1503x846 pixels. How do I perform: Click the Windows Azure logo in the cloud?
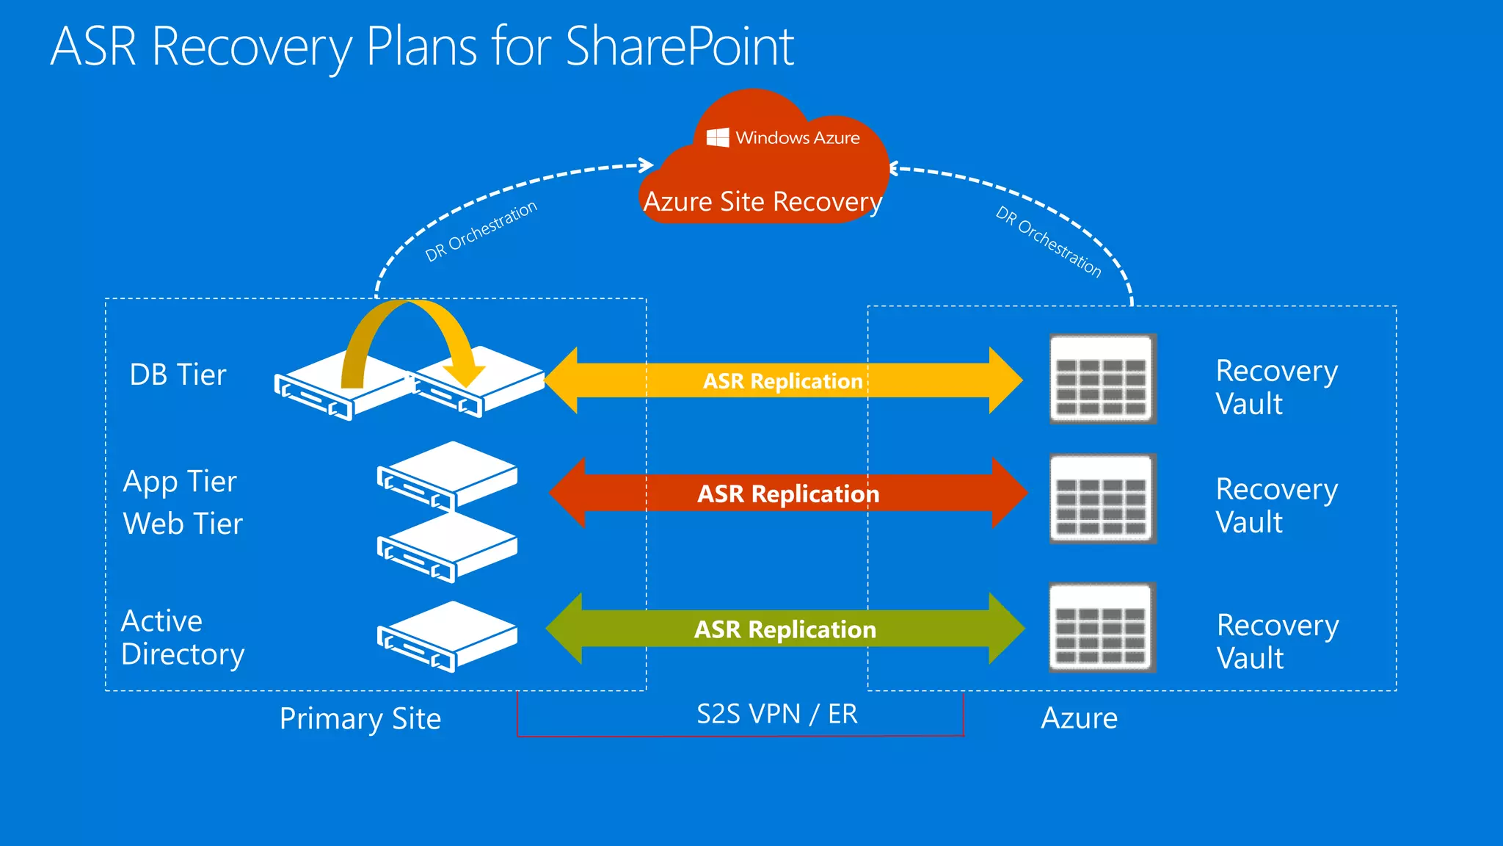(x=718, y=137)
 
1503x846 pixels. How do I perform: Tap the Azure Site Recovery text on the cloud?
(x=763, y=201)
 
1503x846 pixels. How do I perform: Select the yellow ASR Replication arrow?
(x=783, y=380)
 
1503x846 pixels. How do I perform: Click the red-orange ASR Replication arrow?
(x=788, y=493)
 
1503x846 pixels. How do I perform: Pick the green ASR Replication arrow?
(x=785, y=629)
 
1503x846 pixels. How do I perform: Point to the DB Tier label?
(x=178, y=375)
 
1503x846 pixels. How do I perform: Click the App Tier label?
(x=180, y=482)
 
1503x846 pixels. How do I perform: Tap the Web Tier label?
(x=183, y=524)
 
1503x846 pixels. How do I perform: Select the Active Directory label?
(x=183, y=637)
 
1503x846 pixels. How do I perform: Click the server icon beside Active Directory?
(x=447, y=637)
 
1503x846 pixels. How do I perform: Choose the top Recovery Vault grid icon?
(x=1102, y=379)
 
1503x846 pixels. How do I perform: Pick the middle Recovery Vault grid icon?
(x=1102, y=499)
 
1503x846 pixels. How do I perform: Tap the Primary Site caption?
(x=360, y=719)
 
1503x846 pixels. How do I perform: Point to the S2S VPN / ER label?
(x=776, y=714)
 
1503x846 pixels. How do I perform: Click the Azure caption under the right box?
(x=1079, y=718)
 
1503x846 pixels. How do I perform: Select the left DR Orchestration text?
(x=481, y=231)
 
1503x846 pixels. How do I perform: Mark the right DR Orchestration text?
(x=1048, y=242)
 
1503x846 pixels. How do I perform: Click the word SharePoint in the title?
(x=680, y=47)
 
